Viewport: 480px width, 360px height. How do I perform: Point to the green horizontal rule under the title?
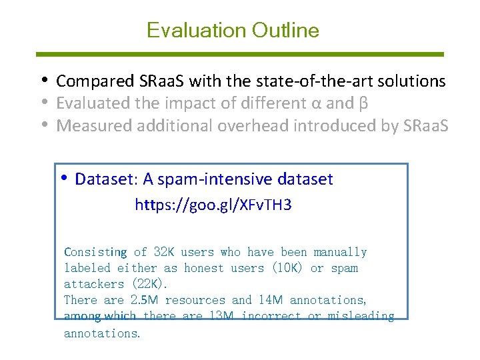[x=240, y=54]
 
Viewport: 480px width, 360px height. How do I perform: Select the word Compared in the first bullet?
[x=95, y=81]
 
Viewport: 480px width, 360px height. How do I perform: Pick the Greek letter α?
[x=316, y=104]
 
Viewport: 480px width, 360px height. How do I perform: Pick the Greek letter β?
[x=363, y=104]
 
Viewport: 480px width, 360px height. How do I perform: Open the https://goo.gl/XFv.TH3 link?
[x=213, y=205]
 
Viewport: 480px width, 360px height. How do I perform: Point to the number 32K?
[x=164, y=252]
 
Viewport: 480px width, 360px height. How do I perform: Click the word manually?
[x=340, y=252]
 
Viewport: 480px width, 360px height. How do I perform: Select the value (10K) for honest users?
[x=287, y=268]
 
